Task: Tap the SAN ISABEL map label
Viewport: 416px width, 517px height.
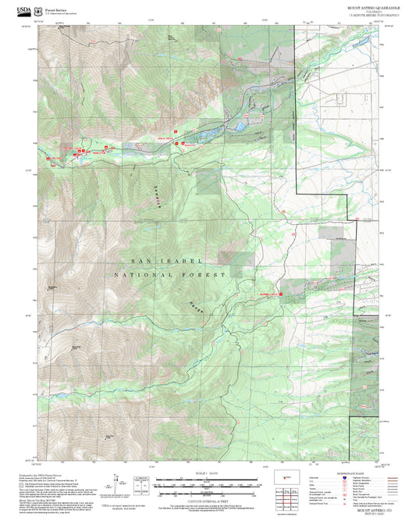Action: tap(167, 261)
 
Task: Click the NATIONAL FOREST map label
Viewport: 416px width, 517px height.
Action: tap(169, 275)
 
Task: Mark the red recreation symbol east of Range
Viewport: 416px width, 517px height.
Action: tap(280, 294)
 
